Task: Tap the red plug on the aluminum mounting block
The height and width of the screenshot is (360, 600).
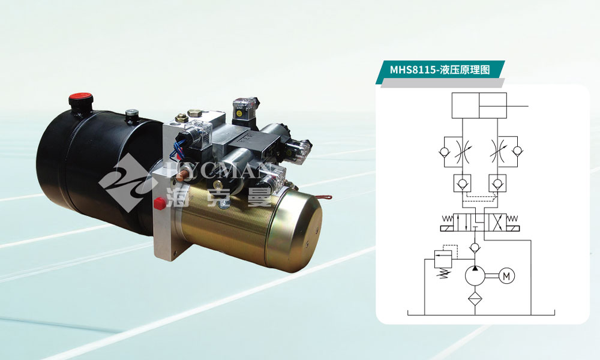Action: (159, 203)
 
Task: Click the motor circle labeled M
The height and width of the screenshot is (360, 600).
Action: (506, 276)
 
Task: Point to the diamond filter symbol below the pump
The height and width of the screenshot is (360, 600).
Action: (475, 297)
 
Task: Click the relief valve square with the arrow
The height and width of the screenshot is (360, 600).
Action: (443, 259)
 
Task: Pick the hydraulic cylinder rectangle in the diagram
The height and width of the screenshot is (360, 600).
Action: (479, 105)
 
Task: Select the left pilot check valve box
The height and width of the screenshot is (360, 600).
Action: (462, 183)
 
